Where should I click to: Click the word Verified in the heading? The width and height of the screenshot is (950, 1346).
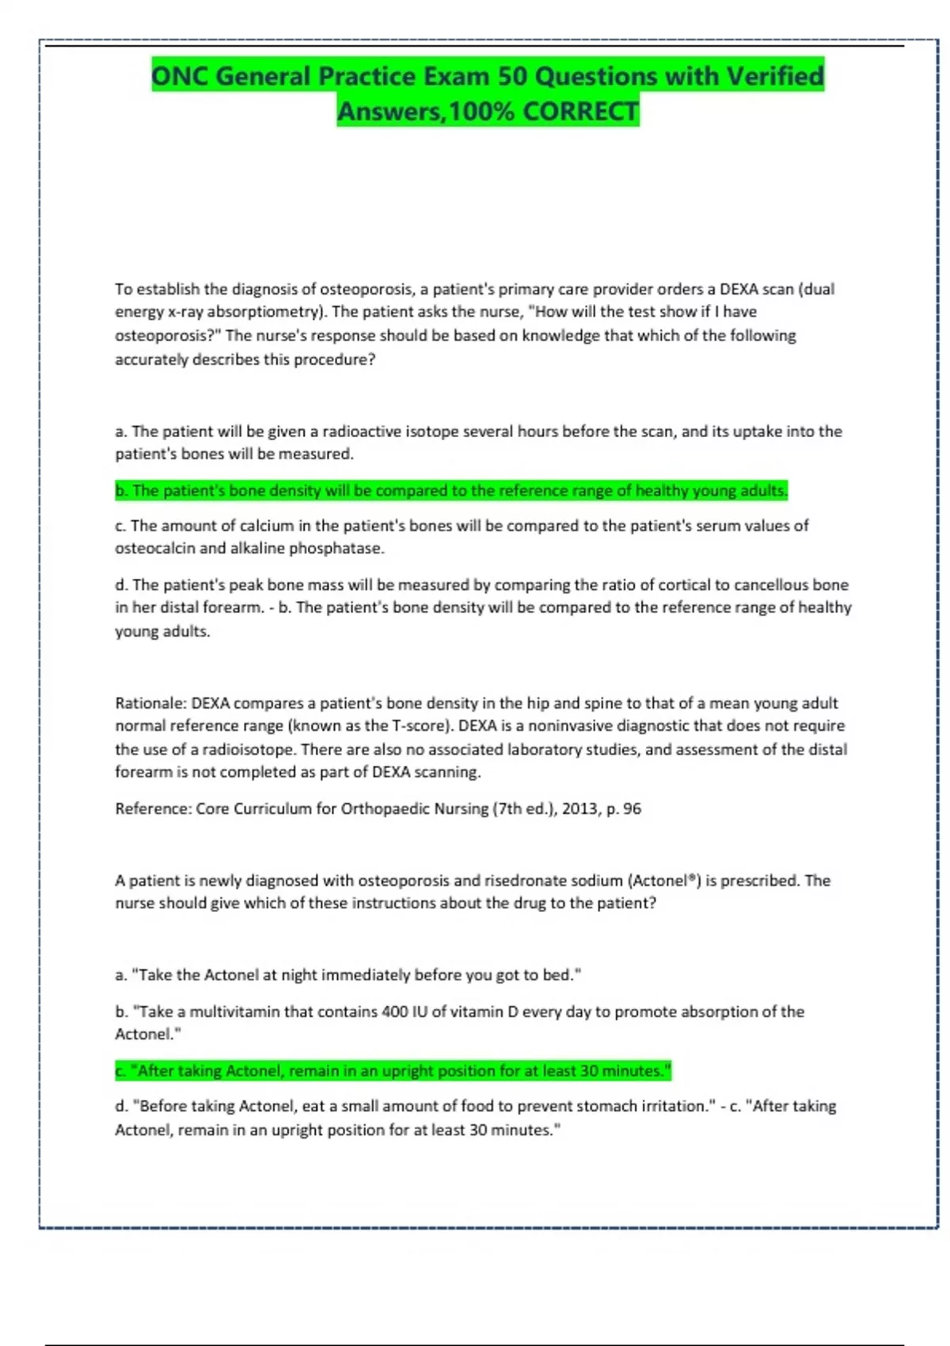(x=775, y=76)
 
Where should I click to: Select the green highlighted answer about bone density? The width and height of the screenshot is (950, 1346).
(x=451, y=491)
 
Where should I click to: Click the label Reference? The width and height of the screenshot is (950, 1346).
(x=153, y=809)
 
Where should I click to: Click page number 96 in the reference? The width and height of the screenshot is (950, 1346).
(x=632, y=809)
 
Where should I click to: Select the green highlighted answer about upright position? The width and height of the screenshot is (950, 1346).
(x=393, y=1071)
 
